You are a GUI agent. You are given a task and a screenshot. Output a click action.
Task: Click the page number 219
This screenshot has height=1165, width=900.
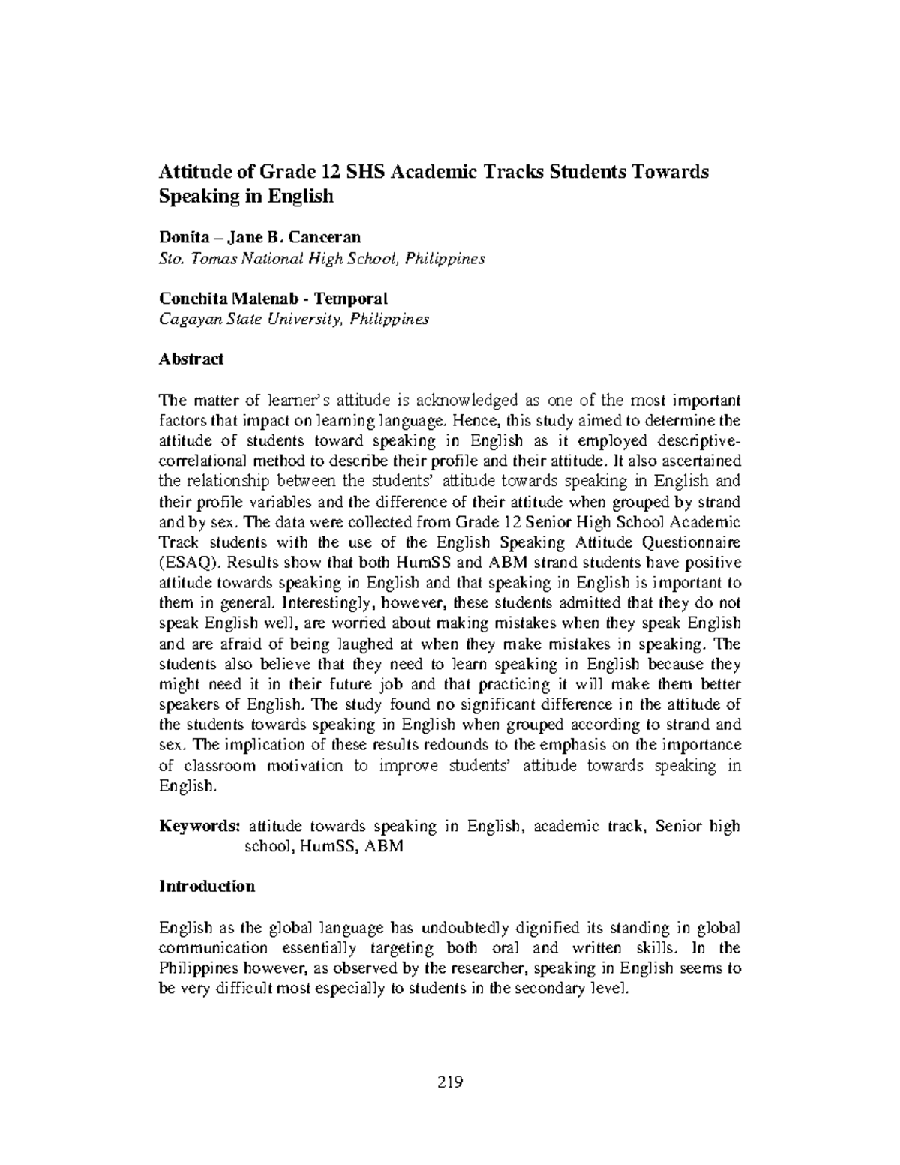tap(450, 1082)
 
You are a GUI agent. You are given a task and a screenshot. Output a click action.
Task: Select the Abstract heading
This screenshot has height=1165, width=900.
tap(191, 359)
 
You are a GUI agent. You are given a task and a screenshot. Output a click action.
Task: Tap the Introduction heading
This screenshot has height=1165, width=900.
tap(207, 886)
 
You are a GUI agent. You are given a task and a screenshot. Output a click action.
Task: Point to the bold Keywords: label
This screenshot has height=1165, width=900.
tap(199, 826)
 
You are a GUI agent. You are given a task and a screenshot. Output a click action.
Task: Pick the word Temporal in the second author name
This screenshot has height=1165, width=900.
tap(353, 298)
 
